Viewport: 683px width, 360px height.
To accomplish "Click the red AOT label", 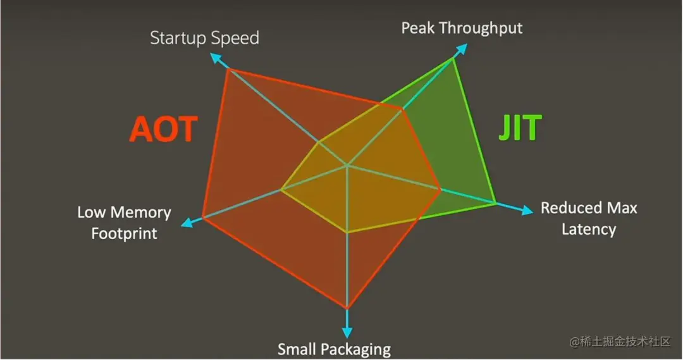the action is tap(164, 128).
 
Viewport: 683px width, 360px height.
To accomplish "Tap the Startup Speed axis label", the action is tap(204, 38).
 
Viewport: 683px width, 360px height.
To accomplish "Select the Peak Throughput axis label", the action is tap(462, 28).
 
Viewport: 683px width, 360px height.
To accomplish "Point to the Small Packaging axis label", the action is tap(334, 349).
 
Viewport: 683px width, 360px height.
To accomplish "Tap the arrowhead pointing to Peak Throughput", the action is tap(461, 49).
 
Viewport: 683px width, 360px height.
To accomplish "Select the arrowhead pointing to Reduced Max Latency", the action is tap(527, 211).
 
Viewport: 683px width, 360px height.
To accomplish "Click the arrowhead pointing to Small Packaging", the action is tap(347, 333).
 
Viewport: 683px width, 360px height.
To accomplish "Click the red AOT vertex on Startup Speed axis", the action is tap(228, 69).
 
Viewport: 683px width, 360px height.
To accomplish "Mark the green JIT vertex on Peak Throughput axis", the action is tap(453, 58).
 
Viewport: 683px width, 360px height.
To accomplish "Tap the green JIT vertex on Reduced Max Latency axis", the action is tap(496, 202).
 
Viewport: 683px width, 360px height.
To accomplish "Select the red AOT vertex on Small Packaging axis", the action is tap(347, 308).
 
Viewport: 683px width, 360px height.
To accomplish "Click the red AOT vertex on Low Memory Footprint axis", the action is tap(202, 217).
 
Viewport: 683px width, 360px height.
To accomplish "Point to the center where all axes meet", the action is tap(347, 166).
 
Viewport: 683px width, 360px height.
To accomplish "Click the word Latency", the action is tap(589, 229).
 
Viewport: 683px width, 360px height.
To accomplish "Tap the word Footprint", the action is tap(124, 233).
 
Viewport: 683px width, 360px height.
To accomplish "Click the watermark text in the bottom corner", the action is tap(620, 341).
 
